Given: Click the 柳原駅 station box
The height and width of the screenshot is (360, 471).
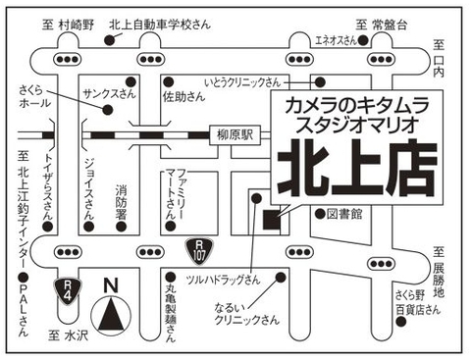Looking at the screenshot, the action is click(235, 135).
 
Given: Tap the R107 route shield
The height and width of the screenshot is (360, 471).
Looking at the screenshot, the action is click(199, 252).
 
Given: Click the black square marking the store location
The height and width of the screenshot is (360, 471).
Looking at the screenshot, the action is click(272, 220).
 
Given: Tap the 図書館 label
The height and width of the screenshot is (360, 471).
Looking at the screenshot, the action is click(344, 214).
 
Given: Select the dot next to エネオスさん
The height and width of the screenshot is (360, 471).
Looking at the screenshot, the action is click(363, 40).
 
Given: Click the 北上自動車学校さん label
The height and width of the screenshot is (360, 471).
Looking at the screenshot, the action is click(160, 25).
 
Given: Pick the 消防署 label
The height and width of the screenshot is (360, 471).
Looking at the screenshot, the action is click(121, 203).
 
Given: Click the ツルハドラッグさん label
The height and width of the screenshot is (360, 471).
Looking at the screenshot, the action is click(223, 280).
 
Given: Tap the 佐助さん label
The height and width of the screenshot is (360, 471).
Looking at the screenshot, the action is click(183, 96).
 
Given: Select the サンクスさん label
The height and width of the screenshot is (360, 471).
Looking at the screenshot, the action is click(109, 94).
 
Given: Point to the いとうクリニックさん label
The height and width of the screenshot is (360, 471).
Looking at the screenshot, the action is click(242, 82).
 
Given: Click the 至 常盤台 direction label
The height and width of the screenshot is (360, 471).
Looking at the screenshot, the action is click(382, 25).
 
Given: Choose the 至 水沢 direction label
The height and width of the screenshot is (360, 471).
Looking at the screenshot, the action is click(68, 335).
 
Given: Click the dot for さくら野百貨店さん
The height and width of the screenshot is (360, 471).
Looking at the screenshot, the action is click(401, 322).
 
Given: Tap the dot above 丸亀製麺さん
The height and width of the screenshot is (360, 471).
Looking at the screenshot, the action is click(171, 278).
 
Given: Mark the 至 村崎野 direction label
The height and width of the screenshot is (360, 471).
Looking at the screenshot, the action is click(68, 25).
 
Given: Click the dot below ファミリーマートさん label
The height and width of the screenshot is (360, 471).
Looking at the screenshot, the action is click(171, 226).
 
